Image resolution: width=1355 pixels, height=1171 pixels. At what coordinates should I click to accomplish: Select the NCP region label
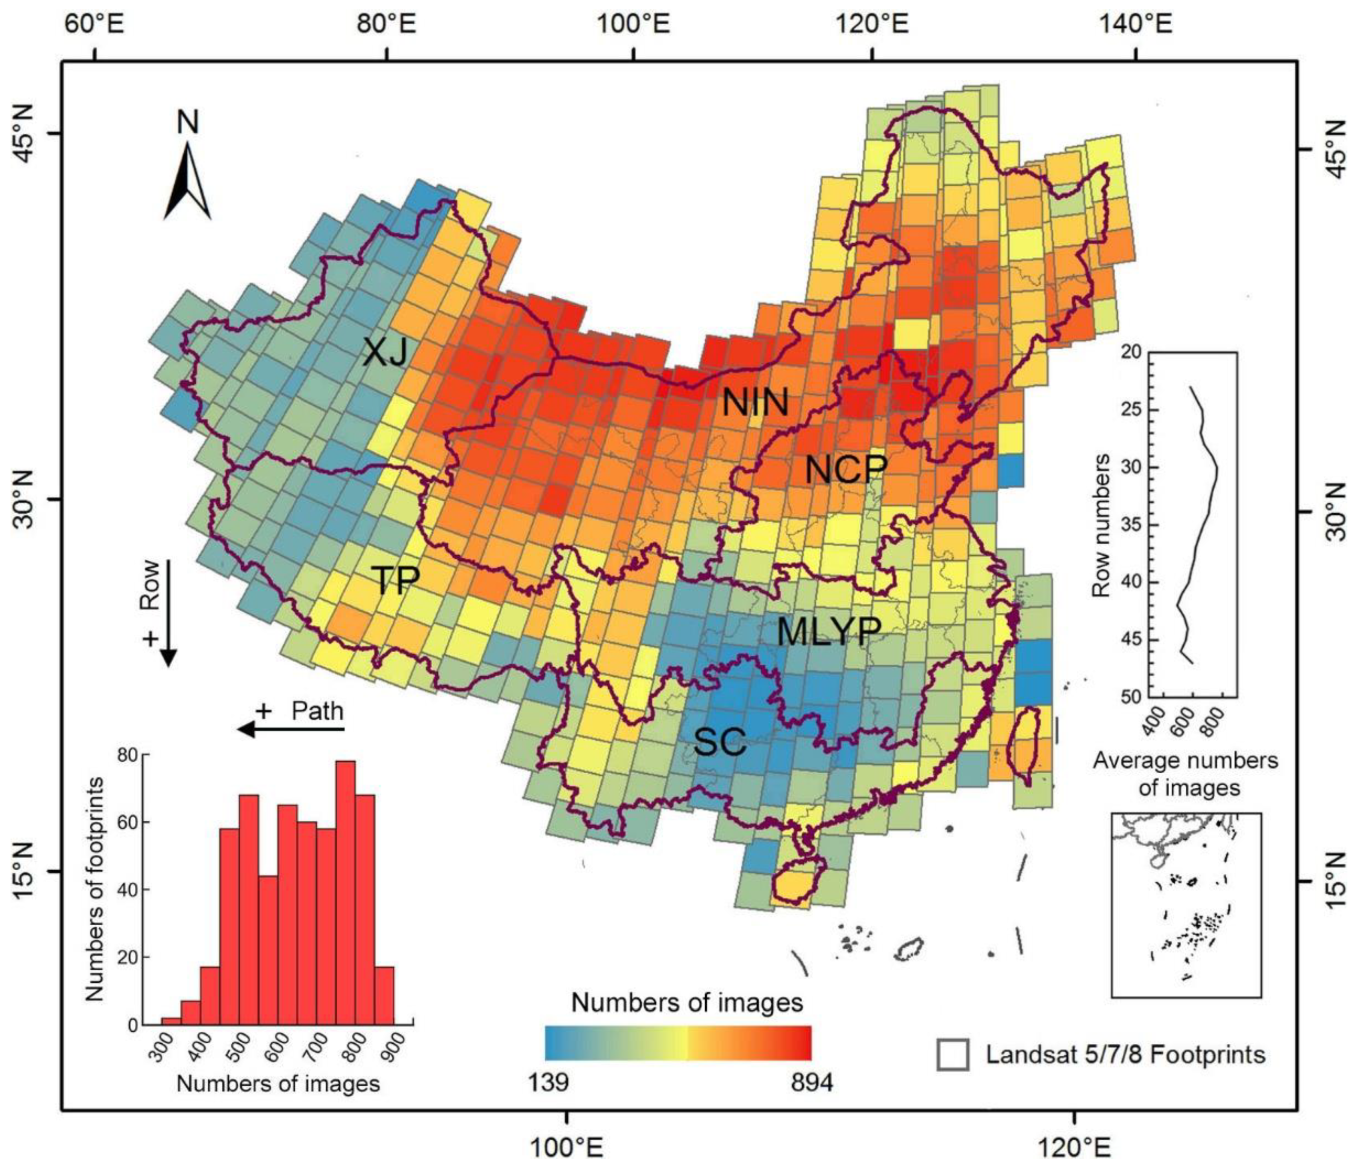[x=846, y=469]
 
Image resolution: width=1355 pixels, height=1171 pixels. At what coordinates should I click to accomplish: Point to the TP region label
[x=394, y=579]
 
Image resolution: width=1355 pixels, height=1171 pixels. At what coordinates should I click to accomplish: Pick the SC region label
[x=719, y=742]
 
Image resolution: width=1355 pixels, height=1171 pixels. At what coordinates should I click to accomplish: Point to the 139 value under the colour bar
[x=548, y=1083]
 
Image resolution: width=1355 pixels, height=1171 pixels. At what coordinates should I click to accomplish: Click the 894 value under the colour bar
[x=812, y=1083]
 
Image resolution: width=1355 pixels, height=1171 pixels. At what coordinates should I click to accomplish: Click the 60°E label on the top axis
[x=96, y=26]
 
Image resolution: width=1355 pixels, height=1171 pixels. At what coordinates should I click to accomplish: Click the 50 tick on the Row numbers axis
[x=1131, y=697]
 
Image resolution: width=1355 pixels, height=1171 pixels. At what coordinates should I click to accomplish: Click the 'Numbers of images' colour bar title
[x=687, y=1002]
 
